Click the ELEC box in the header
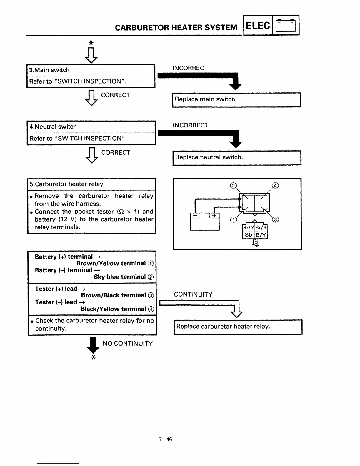[258, 26]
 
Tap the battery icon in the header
[286, 26]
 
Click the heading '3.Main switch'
[49, 70]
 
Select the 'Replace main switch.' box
[236, 100]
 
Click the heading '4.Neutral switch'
[53, 127]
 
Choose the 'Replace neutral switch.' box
[236, 158]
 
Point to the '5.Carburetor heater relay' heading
[66, 184]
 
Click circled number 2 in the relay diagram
[233, 186]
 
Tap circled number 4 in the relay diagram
[275, 185]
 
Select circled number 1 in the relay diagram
[233, 219]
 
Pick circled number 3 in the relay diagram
[276, 219]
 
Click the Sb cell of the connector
[249, 235]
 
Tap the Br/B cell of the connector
[261, 227]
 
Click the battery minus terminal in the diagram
[195, 216]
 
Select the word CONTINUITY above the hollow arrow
[193, 294]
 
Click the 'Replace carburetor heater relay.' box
[238, 327]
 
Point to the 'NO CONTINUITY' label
[128, 344]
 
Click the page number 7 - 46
[166, 440]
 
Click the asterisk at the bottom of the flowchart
[93, 357]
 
